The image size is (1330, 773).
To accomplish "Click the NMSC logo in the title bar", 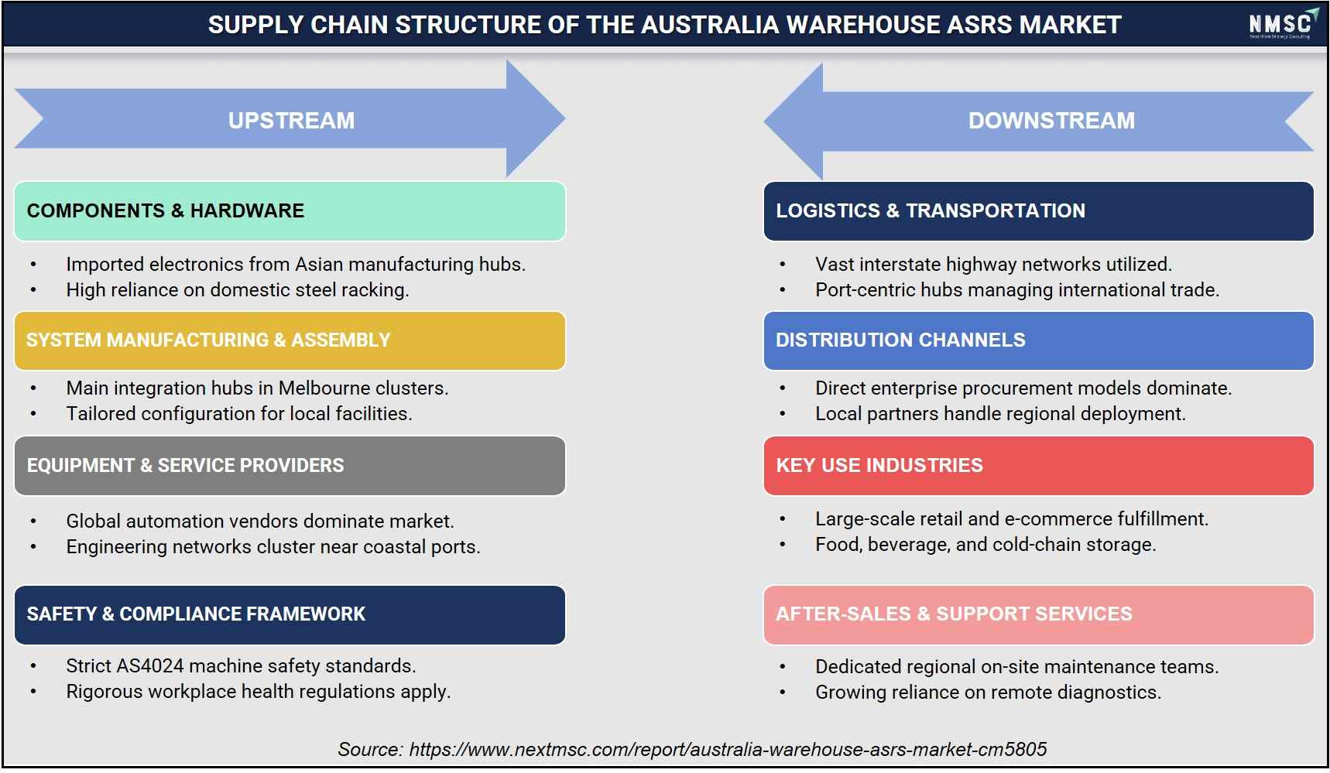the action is tap(1282, 24).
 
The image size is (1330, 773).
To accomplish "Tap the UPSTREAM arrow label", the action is tap(291, 121).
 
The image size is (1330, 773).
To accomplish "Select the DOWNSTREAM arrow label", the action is tap(1051, 121).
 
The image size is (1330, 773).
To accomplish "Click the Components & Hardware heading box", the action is tap(290, 211).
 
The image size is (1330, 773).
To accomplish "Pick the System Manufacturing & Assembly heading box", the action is tap(290, 340).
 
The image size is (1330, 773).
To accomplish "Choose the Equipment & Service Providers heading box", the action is tap(290, 466).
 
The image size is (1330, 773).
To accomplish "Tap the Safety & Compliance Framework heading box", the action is tap(290, 614).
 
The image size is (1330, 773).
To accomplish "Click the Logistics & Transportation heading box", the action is tap(1038, 211).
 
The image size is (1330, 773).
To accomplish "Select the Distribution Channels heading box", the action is tap(1038, 340).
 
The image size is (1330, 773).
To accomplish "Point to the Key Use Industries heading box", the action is tap(1038, 466).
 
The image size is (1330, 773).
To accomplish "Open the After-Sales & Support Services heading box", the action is tap(1038, 614).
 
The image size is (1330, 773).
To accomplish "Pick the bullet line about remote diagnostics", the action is tap(988, 692).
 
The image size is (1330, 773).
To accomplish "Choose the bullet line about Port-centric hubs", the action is tap(1016, 289).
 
